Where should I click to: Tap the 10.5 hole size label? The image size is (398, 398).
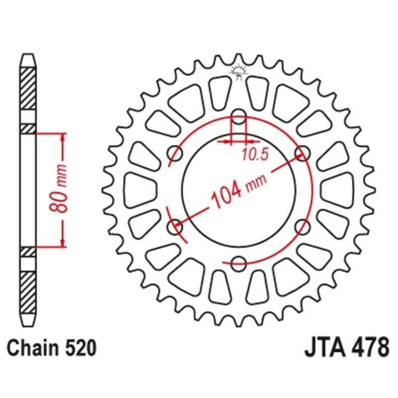coord(255,155)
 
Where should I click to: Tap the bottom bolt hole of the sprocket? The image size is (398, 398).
coord(239,262)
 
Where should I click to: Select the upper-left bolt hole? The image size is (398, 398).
coord(176,152)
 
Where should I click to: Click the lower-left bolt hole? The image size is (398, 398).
coord(176,227)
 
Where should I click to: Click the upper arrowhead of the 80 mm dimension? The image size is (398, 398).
coord(63,136)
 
